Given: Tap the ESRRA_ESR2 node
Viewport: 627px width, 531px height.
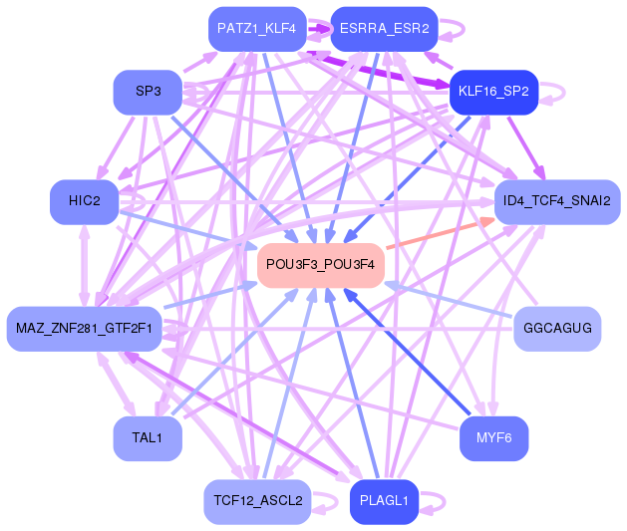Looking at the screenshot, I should [x=384, y=28].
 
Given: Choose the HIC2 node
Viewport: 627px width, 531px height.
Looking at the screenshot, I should [x=85, y=201].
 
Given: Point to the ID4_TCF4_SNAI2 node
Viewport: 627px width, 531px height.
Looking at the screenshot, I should [x=557, y=201].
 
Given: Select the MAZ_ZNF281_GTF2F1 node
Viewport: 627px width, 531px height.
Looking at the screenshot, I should [x=84, y=328].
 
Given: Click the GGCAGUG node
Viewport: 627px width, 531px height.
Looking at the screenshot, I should [x=557, y=328].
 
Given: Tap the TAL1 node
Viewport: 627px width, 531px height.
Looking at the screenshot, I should [x=148, y=438].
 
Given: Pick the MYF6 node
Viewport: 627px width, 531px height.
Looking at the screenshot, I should [x=493, y=438].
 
